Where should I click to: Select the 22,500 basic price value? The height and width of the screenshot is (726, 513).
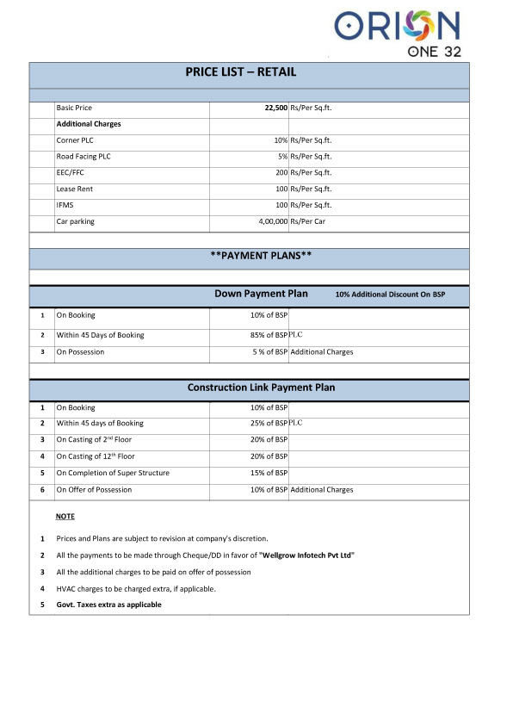click(270, 109)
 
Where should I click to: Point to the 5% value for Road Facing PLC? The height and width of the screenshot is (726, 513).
click(281, 157)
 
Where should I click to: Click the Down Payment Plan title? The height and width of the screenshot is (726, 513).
click(261, 295)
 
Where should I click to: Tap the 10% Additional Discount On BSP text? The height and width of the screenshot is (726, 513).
click(390, 295)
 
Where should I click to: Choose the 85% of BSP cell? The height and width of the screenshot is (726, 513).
click(269, 335)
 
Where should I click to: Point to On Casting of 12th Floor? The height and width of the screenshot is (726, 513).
click(95, 456)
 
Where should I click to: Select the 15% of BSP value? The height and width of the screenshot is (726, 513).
click(269, 473)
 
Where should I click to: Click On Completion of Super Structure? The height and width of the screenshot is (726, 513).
click(113, 473)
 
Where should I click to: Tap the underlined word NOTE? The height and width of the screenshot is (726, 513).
click(65, 516)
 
